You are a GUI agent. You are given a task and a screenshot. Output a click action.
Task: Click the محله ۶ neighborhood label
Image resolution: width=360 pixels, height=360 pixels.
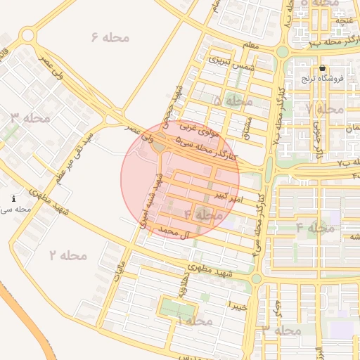point(110,37)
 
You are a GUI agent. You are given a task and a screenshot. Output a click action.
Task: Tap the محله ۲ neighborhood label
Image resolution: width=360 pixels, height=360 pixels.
point(67,255)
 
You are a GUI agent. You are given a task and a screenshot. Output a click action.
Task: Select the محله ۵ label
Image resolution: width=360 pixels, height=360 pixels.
point(232,101)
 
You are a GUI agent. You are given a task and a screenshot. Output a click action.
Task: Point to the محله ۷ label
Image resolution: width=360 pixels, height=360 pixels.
point(324,109)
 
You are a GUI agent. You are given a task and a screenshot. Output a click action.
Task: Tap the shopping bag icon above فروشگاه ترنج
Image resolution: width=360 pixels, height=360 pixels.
point(322,68)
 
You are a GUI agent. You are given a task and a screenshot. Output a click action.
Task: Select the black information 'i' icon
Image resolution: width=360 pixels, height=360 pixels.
point(14,200)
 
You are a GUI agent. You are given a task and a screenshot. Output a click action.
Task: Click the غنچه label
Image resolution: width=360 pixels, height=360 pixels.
point(345,20)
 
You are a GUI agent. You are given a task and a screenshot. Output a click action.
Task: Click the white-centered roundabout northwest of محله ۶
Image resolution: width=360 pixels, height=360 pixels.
point(28,35)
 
